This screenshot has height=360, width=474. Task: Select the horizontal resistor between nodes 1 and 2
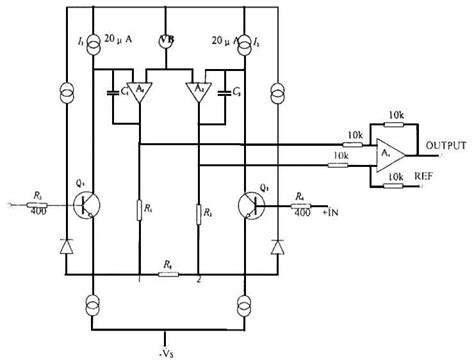166,270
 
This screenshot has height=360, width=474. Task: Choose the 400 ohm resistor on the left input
40,201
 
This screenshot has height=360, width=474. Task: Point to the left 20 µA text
118,39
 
